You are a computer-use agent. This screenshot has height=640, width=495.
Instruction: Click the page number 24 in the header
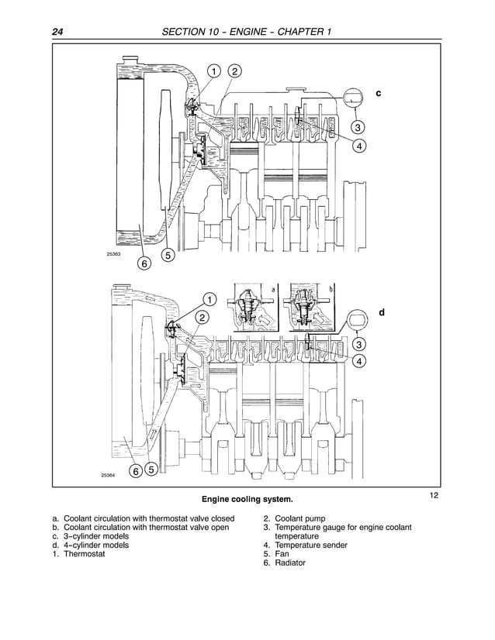coord(57,32)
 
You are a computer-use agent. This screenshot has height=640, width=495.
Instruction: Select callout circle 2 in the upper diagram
coord(234,72)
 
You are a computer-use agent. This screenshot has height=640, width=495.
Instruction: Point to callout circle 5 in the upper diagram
coord(168,255)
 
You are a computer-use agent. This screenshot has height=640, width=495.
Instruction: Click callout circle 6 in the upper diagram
coord(144,264)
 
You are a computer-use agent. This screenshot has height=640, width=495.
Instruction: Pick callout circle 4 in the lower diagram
coord(359,361)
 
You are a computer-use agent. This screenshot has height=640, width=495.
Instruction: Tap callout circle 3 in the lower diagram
coord(359,343)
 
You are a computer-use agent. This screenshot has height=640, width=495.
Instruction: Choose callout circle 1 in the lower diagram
coord(209,299)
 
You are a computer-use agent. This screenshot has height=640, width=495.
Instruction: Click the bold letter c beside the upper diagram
coord(379,93)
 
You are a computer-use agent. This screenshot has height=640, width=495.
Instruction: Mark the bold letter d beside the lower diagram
coord(381,311)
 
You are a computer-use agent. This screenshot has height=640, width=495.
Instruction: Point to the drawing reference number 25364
coord(108,476)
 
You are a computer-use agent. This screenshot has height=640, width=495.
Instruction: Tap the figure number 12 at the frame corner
coord(434,494)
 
